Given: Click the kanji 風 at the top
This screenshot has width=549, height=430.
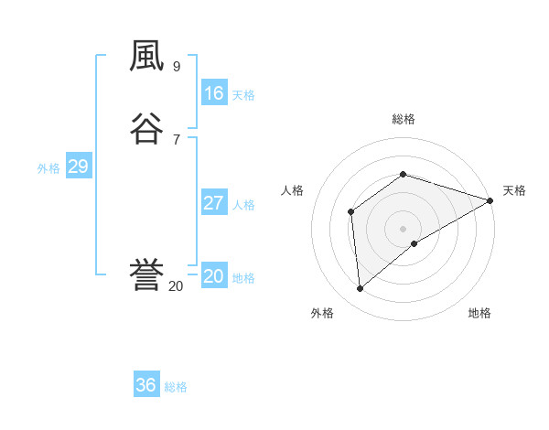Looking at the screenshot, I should click(x=146, y=58).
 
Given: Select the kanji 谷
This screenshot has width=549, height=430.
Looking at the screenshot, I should click(x=146, y=127).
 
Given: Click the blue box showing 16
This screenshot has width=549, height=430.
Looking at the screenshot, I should click(x=213, y=93).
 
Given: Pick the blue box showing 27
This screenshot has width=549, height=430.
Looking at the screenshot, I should click(x=213, y=203).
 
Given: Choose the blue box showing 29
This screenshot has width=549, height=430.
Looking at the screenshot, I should click(x=78, y=167).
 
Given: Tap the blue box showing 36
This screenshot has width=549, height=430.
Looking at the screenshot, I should click(x=146, y=385).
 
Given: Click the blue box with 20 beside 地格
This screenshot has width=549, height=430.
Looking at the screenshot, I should click(x=213, y=276).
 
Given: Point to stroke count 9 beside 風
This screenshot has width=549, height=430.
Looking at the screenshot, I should click(x=176, y=67).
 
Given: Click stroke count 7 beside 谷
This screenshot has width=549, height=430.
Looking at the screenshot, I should click(x=176, y=139).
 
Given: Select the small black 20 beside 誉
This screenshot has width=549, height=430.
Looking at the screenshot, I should click(x=176, y=286).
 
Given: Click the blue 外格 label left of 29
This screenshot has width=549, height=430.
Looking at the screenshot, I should click(x=48, y=168).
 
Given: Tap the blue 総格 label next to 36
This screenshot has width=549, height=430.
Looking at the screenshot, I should click(x=176, y=387).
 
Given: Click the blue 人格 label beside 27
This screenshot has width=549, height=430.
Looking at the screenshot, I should click(x=243, y=205).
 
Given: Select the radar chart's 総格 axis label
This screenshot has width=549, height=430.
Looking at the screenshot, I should click(x=403, y=119).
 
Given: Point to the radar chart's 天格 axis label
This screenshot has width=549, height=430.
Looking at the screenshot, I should click(x=514, y=190).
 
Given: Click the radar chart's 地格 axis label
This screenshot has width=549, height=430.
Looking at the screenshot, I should click(x=479, y=313).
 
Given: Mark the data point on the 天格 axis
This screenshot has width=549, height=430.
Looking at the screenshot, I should click(x=490, y=200).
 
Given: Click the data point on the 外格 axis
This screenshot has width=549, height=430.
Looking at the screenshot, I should click(x=361, y=289).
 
